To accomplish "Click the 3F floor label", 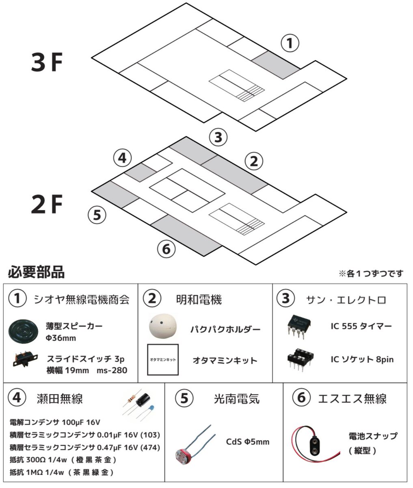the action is pyautogui.click(x=47, y=63).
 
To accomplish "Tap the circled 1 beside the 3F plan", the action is pyautogui.click(x=290, y=43).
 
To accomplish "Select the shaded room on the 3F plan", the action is pyautogui.click(x=276, y=65).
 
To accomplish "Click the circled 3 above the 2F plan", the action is pyautogui.click(x=218, y=137).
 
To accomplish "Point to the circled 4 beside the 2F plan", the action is pyautogui.click(x=122, y=158).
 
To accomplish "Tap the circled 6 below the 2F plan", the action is pyautogui.click(x=166, y=248).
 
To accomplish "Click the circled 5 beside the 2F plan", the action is pyautogui.click(x=97, y=214).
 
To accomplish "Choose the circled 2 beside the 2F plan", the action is pyautogui.click(x=254, y=161).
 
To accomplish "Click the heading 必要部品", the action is pyautogui.click(x=36, y=272).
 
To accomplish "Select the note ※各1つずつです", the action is pyautogui.click(x=371, y=274).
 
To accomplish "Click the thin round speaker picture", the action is pyautogui.click(x=25, y=331).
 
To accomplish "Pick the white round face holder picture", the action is pyautogui.click(x=162, y=326).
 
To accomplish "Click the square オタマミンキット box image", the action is pyautogui.click(x=163, y=360).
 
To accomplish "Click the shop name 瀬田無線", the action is pyautogui.click(x=60, y=399).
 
